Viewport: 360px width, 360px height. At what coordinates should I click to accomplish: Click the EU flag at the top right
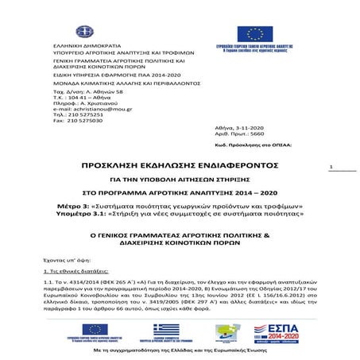pyautogui.click(x=254, y=34)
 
